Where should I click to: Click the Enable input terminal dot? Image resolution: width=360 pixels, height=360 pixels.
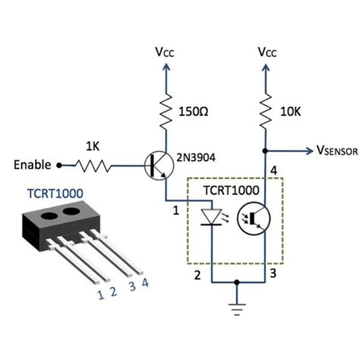(61, 164)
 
